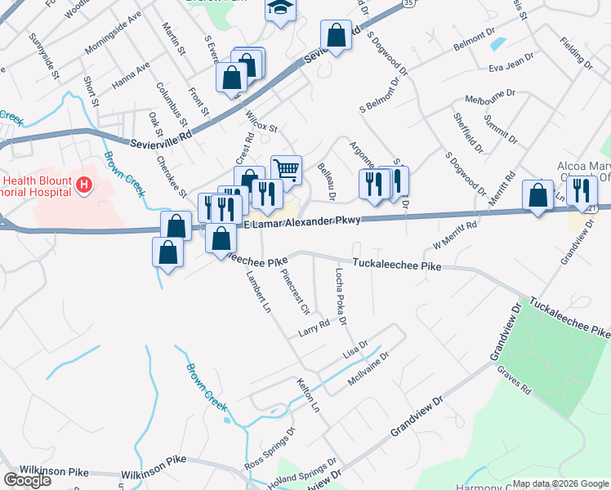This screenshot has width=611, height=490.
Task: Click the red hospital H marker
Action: (x=83, y=186)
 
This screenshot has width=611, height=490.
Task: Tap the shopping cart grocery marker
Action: (x=286, y=170)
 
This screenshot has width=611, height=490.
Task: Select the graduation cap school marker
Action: (x=279, y=8)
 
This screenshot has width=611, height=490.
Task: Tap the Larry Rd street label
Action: (x=314, y=327)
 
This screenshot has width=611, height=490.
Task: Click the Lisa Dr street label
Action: (x=355, y=349)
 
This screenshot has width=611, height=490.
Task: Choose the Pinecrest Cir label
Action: (x=294, y=292)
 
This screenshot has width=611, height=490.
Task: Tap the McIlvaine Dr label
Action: (x=369, y=366)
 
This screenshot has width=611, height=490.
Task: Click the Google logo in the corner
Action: (x=27, y=480)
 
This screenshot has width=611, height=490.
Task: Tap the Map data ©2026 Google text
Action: (x=560, y=483)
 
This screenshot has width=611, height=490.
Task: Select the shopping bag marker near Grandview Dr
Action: (x=537, y=196)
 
